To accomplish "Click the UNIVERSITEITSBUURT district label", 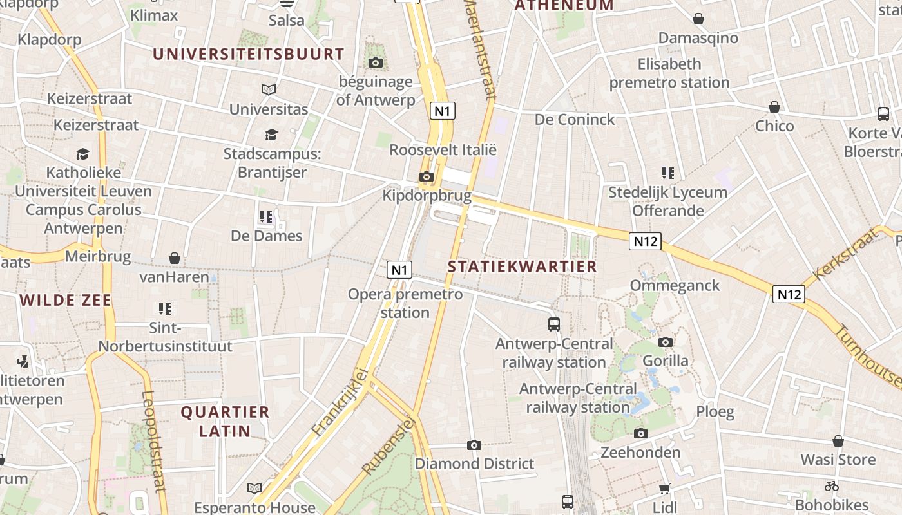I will [249, 54].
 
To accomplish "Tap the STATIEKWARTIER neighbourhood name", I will [522, 267].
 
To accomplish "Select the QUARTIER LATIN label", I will [225, 421].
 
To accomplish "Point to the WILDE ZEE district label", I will [65, 300].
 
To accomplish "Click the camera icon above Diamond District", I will [474, 445].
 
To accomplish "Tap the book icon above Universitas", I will [269, 90].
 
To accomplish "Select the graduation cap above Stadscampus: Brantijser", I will [271, 135].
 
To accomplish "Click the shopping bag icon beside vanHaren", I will [175, 259].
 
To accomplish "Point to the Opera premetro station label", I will [405, 303].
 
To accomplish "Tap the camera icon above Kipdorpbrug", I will [426, 177].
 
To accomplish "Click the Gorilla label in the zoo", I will [666, 360].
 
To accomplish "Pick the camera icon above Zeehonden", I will [640, 434].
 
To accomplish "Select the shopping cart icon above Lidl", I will [665, 489].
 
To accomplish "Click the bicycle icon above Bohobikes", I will [832, 486].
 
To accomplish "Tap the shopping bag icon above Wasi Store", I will [838, 442].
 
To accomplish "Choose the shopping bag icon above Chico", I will [774, 107].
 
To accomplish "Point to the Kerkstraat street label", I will [845, 254].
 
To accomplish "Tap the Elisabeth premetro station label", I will [669, 73].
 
